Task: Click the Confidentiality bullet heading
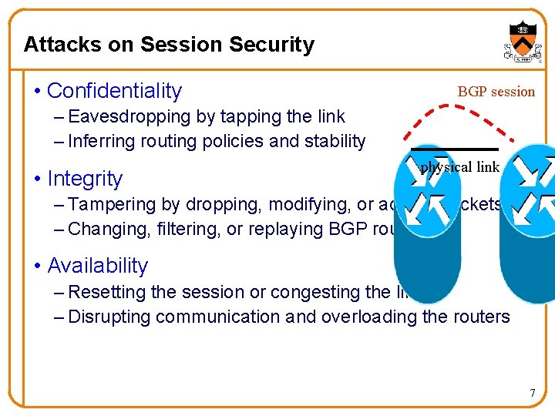click(x=114, y=91)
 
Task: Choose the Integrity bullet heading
click(x=85, y=179)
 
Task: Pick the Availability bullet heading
click(x=97, y=266)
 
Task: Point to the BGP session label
click(x=496, y=92)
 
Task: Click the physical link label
click(x=459, y=167)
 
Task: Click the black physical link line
click(x=454, y=149)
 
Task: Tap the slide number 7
click(x=532, y=394)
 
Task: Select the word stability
click(x=335, y=142)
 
